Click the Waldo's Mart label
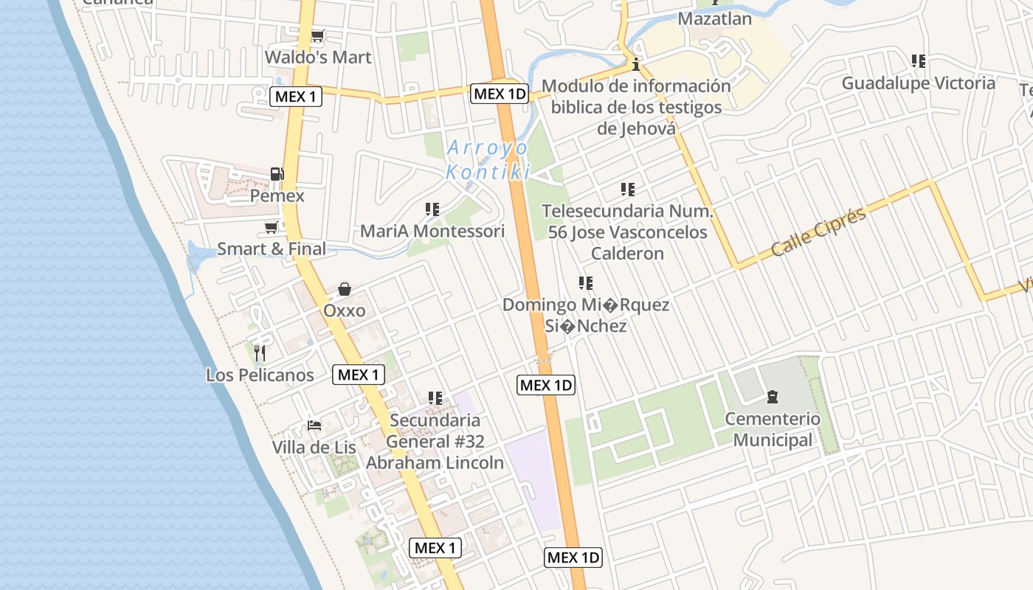318,57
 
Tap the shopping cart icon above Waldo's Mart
318,35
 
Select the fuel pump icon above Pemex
277,174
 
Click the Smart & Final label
272,249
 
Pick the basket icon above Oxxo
344,288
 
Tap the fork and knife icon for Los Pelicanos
259,353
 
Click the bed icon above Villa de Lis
314,426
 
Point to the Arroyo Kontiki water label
488,160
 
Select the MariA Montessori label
432,231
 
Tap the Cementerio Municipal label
773,429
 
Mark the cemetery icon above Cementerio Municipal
773,398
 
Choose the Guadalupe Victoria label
919,83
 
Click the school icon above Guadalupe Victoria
919,61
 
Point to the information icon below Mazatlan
636,63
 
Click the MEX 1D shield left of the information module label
500,94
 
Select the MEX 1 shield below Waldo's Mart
296,97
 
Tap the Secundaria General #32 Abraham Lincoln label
435,441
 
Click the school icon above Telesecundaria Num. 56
628,190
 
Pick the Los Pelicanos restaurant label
260,375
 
